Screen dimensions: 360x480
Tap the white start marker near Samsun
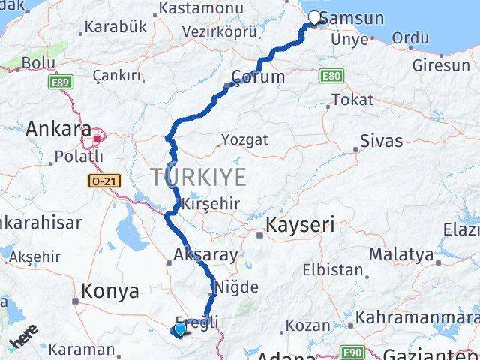pyautogui.click(x=315, y=17)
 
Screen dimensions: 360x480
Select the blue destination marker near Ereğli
pyautogui.click(x=179, y=328)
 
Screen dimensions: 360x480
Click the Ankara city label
pyautogui.click(x=58, y=129)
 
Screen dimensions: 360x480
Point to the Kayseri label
pyautogui.click(x=300, y=224)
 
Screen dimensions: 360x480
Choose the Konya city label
pyautogui.click(x=110, y=291)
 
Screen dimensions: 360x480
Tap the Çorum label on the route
pyautogui.click(x=259, y=76)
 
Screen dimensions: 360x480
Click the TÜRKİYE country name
pyautogui.click(x=198, y=178)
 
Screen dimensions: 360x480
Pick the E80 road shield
pyautogui.click(x=330, y=76)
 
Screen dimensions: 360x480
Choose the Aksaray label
pyautogui.click(x=205, y=254)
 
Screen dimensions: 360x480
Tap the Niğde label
pyautogui.click(x=237, y=286)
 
